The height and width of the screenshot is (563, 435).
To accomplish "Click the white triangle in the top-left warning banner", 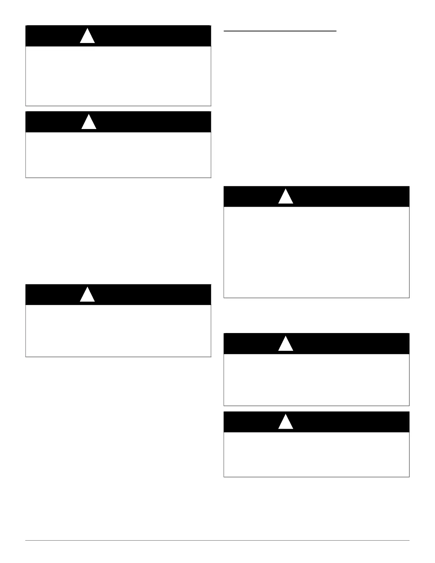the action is coord(87,37).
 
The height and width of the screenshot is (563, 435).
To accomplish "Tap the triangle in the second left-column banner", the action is coord(89,123).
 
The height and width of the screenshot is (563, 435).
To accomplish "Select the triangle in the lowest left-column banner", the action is coord(87,295).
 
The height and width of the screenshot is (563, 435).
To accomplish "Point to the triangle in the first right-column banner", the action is coord(285,197).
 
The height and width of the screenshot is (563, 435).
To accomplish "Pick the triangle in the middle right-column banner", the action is coord(285,344).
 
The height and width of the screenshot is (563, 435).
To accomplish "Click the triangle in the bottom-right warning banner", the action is coord(285,422).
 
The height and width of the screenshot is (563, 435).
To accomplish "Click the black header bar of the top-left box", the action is coord(149,36).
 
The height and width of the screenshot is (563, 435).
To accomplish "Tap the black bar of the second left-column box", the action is coord(149,122).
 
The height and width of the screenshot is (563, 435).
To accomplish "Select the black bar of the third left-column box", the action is coord(149,295).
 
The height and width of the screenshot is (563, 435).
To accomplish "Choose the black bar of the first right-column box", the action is coord(348,197).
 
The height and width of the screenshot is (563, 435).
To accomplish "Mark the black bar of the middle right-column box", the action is coord(348,344).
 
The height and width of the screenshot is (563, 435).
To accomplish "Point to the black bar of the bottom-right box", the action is coord(348,422).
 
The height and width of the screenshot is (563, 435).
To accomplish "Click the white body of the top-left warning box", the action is coord(118,76).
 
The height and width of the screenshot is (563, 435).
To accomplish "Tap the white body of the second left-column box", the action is coord(118,155).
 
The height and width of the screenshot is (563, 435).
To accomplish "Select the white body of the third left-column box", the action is coord(118,331).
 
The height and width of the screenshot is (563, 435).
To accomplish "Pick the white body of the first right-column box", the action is coord(316,252).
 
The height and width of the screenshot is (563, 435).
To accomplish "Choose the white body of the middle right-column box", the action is coord(316,380).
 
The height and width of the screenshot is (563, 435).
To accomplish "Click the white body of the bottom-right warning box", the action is coord(316,454).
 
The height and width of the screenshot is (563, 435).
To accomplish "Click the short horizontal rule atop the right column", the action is coord(280,31).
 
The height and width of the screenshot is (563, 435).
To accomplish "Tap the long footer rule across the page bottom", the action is coord(217,541).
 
